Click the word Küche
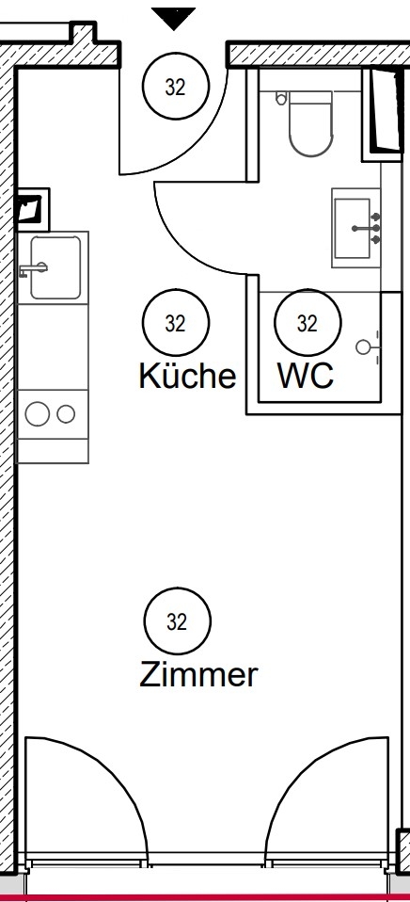click(x=187, y=376)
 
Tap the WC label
click(x=306, y=376)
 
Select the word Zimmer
click(x=198, y=674)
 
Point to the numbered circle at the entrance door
click(x=176, y=87)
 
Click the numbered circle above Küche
click(x=176, y=323)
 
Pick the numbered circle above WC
click(x=307, y=323)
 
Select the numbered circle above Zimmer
click(x=178, y=621)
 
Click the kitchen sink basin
click(x=55, y=267)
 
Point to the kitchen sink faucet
click(x=32, y=268)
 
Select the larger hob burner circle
click(x=38, y=413)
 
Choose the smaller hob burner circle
click(x=66, y=413)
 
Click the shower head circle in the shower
click(x=363, y=346)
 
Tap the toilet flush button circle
click(x=281, y=99)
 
